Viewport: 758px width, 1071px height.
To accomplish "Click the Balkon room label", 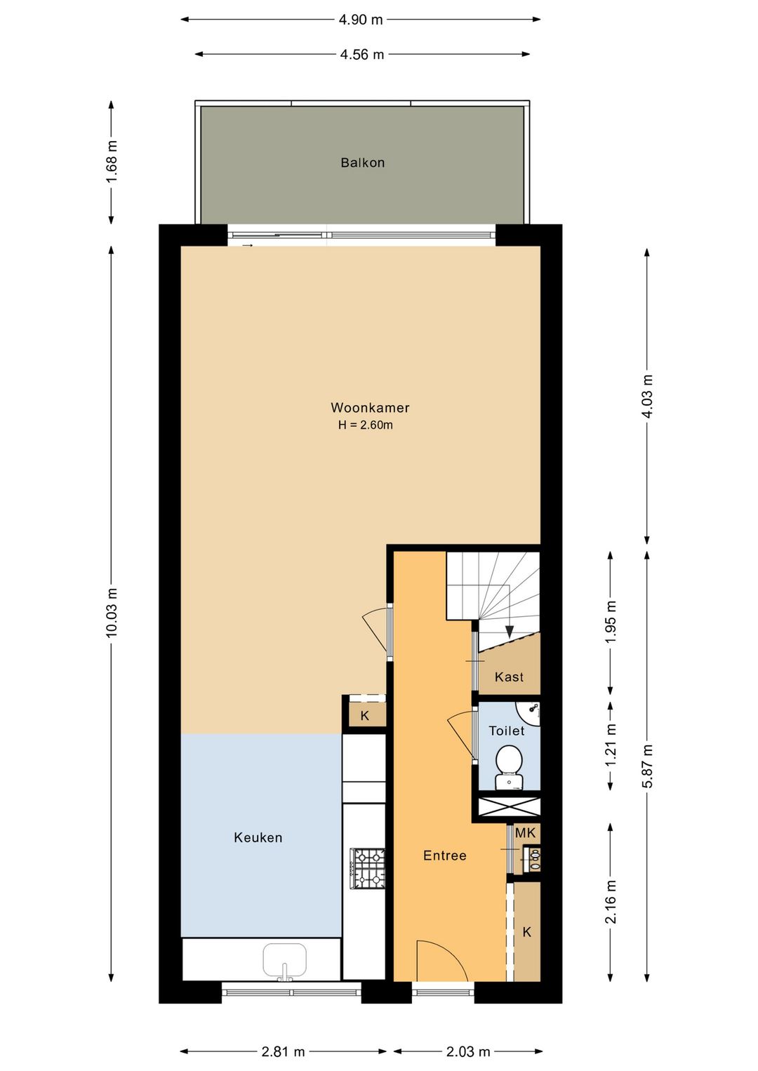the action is click(362, 163).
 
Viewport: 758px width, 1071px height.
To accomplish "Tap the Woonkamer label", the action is click(370, 408).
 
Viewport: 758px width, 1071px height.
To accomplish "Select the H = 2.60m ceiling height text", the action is click(366, 425).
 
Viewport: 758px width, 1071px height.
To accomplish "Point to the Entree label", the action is click(445, 869).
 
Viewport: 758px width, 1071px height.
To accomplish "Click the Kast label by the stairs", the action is click(509, 677).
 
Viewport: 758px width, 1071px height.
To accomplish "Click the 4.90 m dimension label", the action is click(361, 20).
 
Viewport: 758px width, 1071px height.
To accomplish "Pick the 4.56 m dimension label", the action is click(362, 55).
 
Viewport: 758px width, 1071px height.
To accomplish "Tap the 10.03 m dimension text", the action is click(112, 613).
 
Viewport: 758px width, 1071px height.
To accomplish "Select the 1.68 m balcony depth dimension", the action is click(112, 161).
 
